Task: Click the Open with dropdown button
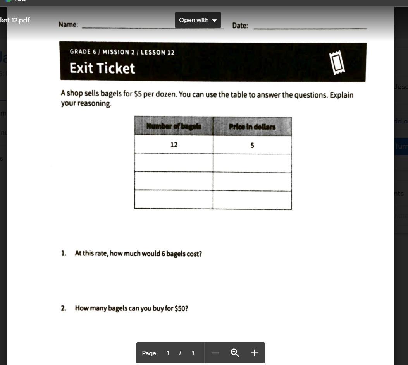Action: [x=198, y=20]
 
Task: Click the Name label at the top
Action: [x=68, y=25]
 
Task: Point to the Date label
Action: [x=240, y=26]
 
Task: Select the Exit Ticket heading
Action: [x=102, y=68]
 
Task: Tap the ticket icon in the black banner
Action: [x=337, y=63]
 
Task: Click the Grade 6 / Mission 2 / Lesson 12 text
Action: [x=122, y=52]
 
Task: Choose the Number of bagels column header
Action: [x=174, y=126]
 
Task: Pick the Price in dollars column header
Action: [x=252, y=127]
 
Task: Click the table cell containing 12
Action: [x=174, y=145]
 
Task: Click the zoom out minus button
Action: [x=216, y=353]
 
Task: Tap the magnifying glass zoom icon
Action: [x=235, y=353]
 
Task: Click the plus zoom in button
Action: [x=254, y=353]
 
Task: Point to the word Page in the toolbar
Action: [x=149, y=353]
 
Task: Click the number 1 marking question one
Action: [x=63, y=254]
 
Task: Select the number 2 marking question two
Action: [x=63, y=308]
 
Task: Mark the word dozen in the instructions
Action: [x=166, y=94]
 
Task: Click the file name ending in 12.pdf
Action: [x=15, y=20]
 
